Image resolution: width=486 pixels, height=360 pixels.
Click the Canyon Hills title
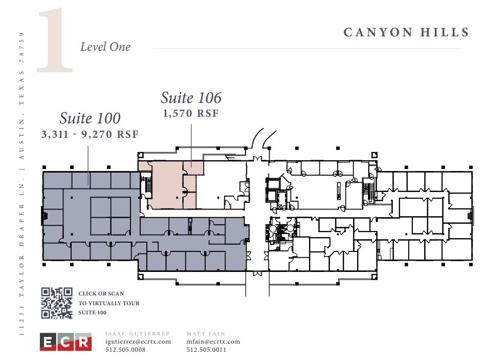(x=406, y=33)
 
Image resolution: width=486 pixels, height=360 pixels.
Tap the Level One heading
(x=105, y=47)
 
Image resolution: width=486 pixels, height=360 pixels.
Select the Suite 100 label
(x=90, y=118)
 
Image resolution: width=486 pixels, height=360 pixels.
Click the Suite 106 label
(x=191, y=97)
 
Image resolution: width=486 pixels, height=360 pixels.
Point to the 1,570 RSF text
(x=191, y=113)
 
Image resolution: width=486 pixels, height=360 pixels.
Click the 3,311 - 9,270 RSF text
(x=90, y=134)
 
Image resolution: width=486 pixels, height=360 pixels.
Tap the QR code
(x=57, y=303)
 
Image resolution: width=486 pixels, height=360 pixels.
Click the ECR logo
(x=65, y=342)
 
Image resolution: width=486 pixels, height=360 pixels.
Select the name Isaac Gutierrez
(x=138, y=333)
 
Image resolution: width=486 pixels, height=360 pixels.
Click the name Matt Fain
(x=206, y=333)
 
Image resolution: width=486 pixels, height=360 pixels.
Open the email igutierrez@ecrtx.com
(x=138, y=342)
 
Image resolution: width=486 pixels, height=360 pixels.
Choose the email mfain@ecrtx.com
(x=213, y=342)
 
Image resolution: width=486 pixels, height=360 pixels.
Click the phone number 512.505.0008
(x=125, y=349)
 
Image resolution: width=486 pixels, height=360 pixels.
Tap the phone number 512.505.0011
(x=207, y=349)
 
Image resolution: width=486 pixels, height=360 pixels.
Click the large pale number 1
(x=55, y=40)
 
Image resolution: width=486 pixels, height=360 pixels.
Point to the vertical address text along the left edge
(x=21, y=184)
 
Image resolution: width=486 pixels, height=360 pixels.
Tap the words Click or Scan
(x=101, y=293)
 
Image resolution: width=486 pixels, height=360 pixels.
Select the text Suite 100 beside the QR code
(x=93, y=312)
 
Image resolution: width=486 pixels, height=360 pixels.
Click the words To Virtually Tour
(x=109, y=303)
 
